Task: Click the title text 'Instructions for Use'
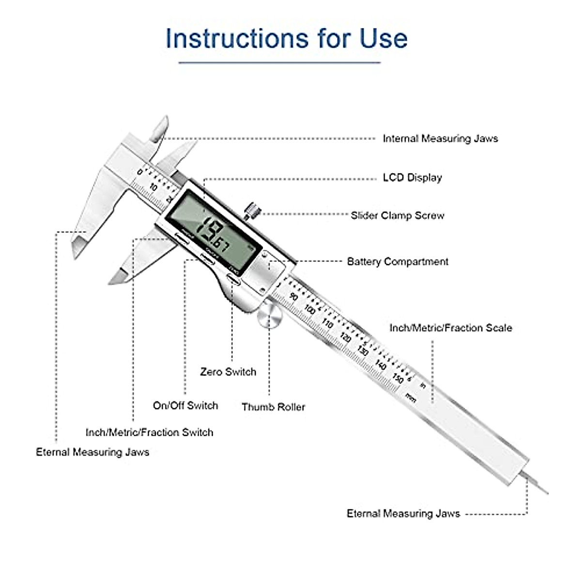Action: tap(286, 38)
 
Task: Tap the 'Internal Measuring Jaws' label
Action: tap(440, 138)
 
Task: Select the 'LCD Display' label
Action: tap(412, 177)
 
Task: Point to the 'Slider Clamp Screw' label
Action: tap(397, 215)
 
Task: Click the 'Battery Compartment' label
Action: tap(398, 262)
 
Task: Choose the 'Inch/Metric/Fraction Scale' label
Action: tap(450, 328)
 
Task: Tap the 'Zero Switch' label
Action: tap(228, 372)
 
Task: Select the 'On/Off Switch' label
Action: tap(185, 406)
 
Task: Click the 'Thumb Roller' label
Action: tap(273, 407)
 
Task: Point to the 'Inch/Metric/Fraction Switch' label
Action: tap(149, 432)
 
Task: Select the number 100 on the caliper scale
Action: tap(309, 309)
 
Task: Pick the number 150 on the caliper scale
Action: tap(398, 378)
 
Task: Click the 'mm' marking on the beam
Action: tap(411, 398)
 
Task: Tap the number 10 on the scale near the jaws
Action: tap(153, 187)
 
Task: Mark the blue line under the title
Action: tap(279, 62)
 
